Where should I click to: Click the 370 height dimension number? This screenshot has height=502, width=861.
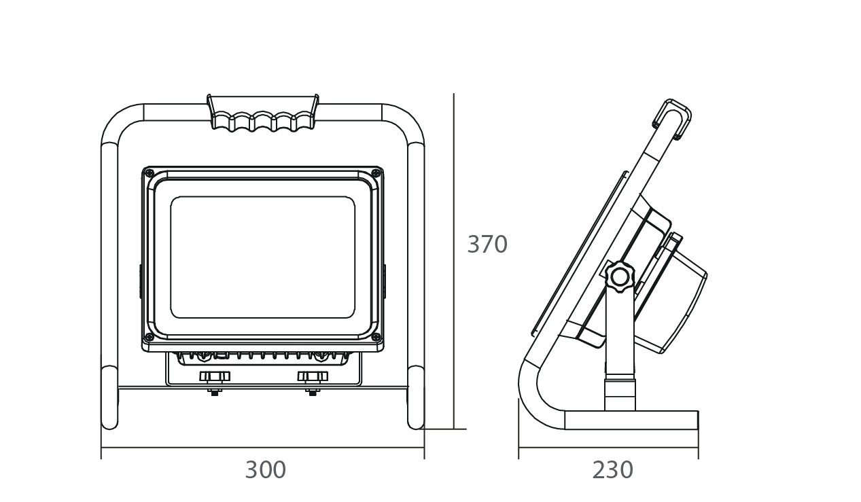click(487, 245)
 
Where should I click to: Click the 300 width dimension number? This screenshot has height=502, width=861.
click(265, 470)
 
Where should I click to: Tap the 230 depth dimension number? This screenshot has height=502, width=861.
click(612, 470)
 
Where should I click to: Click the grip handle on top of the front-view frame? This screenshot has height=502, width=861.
click(263, 113)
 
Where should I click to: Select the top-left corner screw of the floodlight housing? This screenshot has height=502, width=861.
click(150, 173)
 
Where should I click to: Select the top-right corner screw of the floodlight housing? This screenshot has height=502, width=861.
click(376, 173)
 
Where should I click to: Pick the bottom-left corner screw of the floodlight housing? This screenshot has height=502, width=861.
click(150, 337)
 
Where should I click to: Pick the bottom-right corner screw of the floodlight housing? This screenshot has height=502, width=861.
click(376, 337)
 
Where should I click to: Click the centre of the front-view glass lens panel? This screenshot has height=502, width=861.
click(262, 257)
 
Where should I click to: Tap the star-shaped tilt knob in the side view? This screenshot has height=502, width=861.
click(619, 276)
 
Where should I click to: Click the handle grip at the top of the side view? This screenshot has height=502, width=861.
click(672, 120)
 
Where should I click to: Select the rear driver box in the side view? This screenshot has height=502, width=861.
click(680, 292)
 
